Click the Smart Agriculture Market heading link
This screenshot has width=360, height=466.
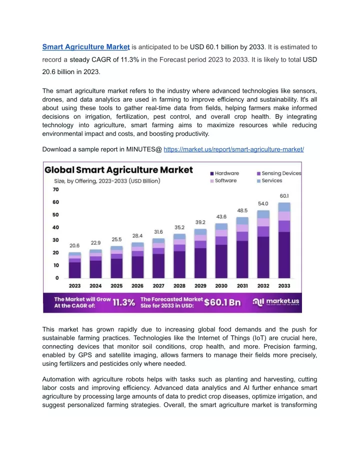[x=86, y=47]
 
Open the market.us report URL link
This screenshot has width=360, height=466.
[x=233, y=149]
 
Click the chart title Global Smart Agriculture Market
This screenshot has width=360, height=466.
[x=118, y=170]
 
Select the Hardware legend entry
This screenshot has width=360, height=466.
[x=224, y=173]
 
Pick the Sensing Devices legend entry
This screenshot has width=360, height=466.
[x=279, y=173]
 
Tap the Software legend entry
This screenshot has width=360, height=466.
[x=223, y=181]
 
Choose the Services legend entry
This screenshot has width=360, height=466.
[x=269, y=181]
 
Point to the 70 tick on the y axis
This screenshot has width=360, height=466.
[x=56, y=189]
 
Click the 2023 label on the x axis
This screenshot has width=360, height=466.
[x=74, y=286]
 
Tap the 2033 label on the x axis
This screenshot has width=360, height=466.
[x=284, y=286]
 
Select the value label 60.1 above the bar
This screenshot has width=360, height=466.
[x=284, y=196]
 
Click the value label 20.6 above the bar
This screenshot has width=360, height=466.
[x=74, y=245]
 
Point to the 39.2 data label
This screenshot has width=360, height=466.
[x=200, y=222]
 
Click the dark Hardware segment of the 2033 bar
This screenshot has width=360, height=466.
[x=284, y=255]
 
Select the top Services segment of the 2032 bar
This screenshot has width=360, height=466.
[x=263, y=214]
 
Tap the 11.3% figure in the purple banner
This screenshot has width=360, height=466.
[x=124, y=302]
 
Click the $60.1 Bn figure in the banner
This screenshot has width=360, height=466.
[x=222, y=302]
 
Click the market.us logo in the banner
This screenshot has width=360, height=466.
[x=275, y=302]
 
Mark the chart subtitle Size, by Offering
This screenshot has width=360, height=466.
[x=107, y=181]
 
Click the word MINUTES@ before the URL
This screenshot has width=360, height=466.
[x=144, y=149]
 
